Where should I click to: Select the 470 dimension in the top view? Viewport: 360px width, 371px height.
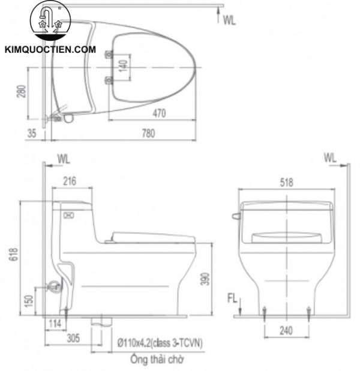pos(158,112)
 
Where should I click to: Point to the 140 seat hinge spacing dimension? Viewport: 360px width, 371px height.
pos(122,66)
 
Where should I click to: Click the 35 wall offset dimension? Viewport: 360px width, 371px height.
pos(32,134)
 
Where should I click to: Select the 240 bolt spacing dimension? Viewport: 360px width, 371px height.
pos(286,330)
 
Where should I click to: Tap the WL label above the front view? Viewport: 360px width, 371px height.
pos(329,158)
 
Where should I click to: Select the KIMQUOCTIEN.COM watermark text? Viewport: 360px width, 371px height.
pos(50,50)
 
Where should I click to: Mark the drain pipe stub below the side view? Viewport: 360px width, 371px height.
pos(101,322)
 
